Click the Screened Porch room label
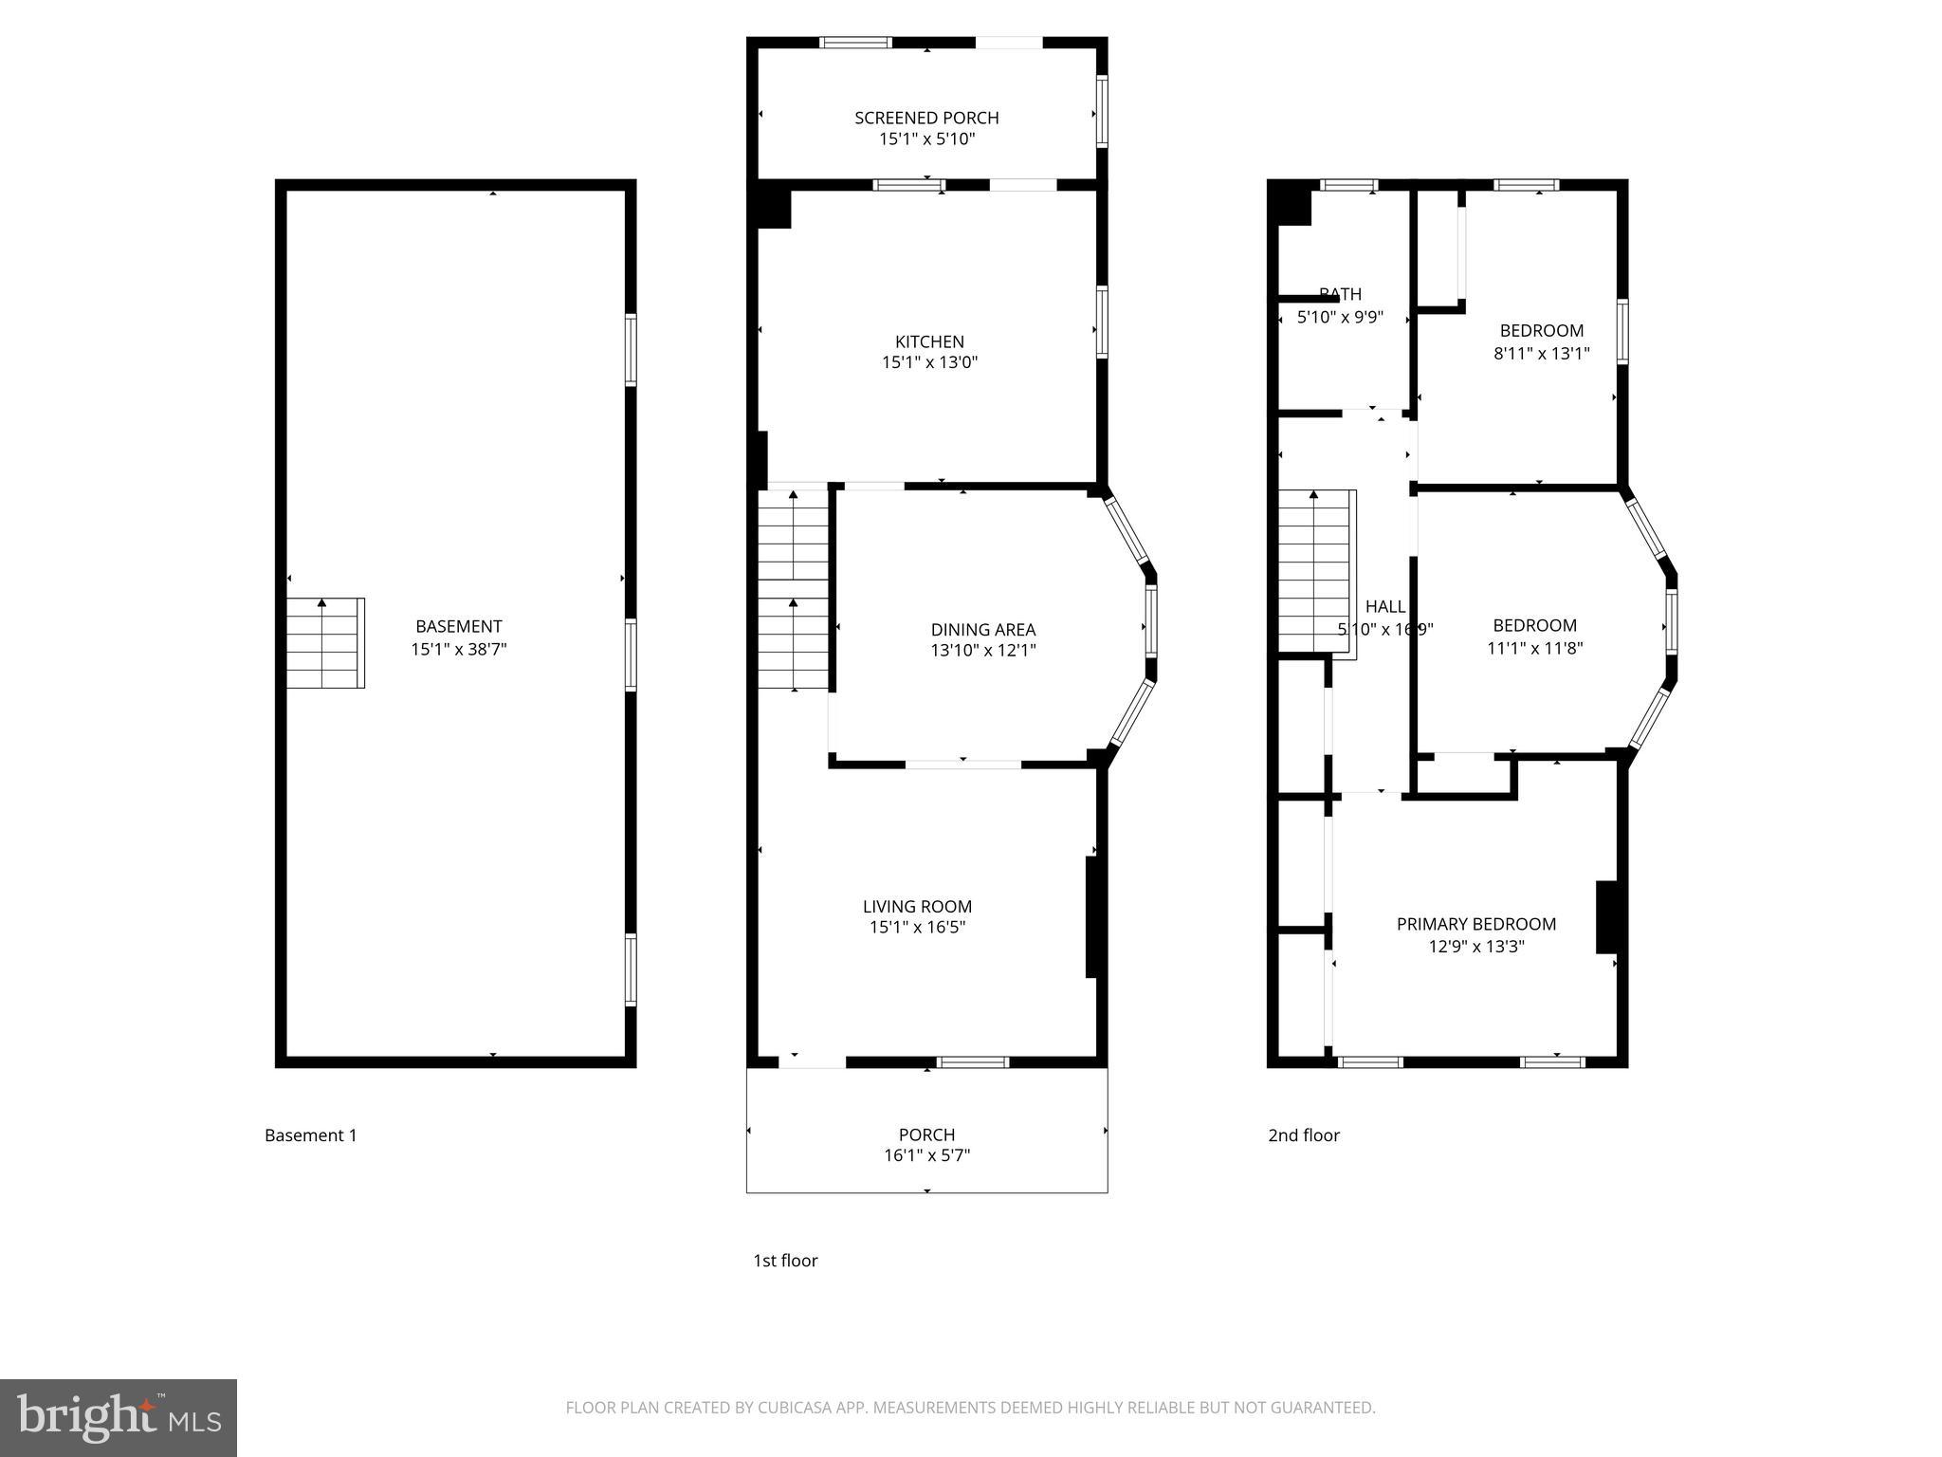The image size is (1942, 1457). [926, 118]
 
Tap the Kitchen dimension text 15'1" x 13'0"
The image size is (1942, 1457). [929, 362]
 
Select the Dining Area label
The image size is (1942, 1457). [982, 629]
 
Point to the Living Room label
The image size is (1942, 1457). [917, 906]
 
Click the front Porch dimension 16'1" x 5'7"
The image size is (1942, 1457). [926, 1155]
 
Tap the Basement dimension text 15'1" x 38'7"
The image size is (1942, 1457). [458, 650]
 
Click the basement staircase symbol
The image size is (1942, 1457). [325, 642]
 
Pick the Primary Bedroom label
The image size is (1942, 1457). [1475, 924]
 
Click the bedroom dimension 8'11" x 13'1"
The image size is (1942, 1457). [1541, 354]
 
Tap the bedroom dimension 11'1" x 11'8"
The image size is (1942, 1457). [1534, 649]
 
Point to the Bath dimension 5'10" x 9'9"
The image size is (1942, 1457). [1340, 318]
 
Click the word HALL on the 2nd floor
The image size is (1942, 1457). [1384, 607]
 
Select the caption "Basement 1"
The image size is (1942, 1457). [310, 1135]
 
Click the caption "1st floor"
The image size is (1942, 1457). [784, 1261]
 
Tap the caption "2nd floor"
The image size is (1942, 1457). [1303, 1135]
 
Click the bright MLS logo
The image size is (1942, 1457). [119, 1417]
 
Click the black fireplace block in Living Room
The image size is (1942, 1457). [1092, 916]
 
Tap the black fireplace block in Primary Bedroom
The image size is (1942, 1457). [1606, 916]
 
